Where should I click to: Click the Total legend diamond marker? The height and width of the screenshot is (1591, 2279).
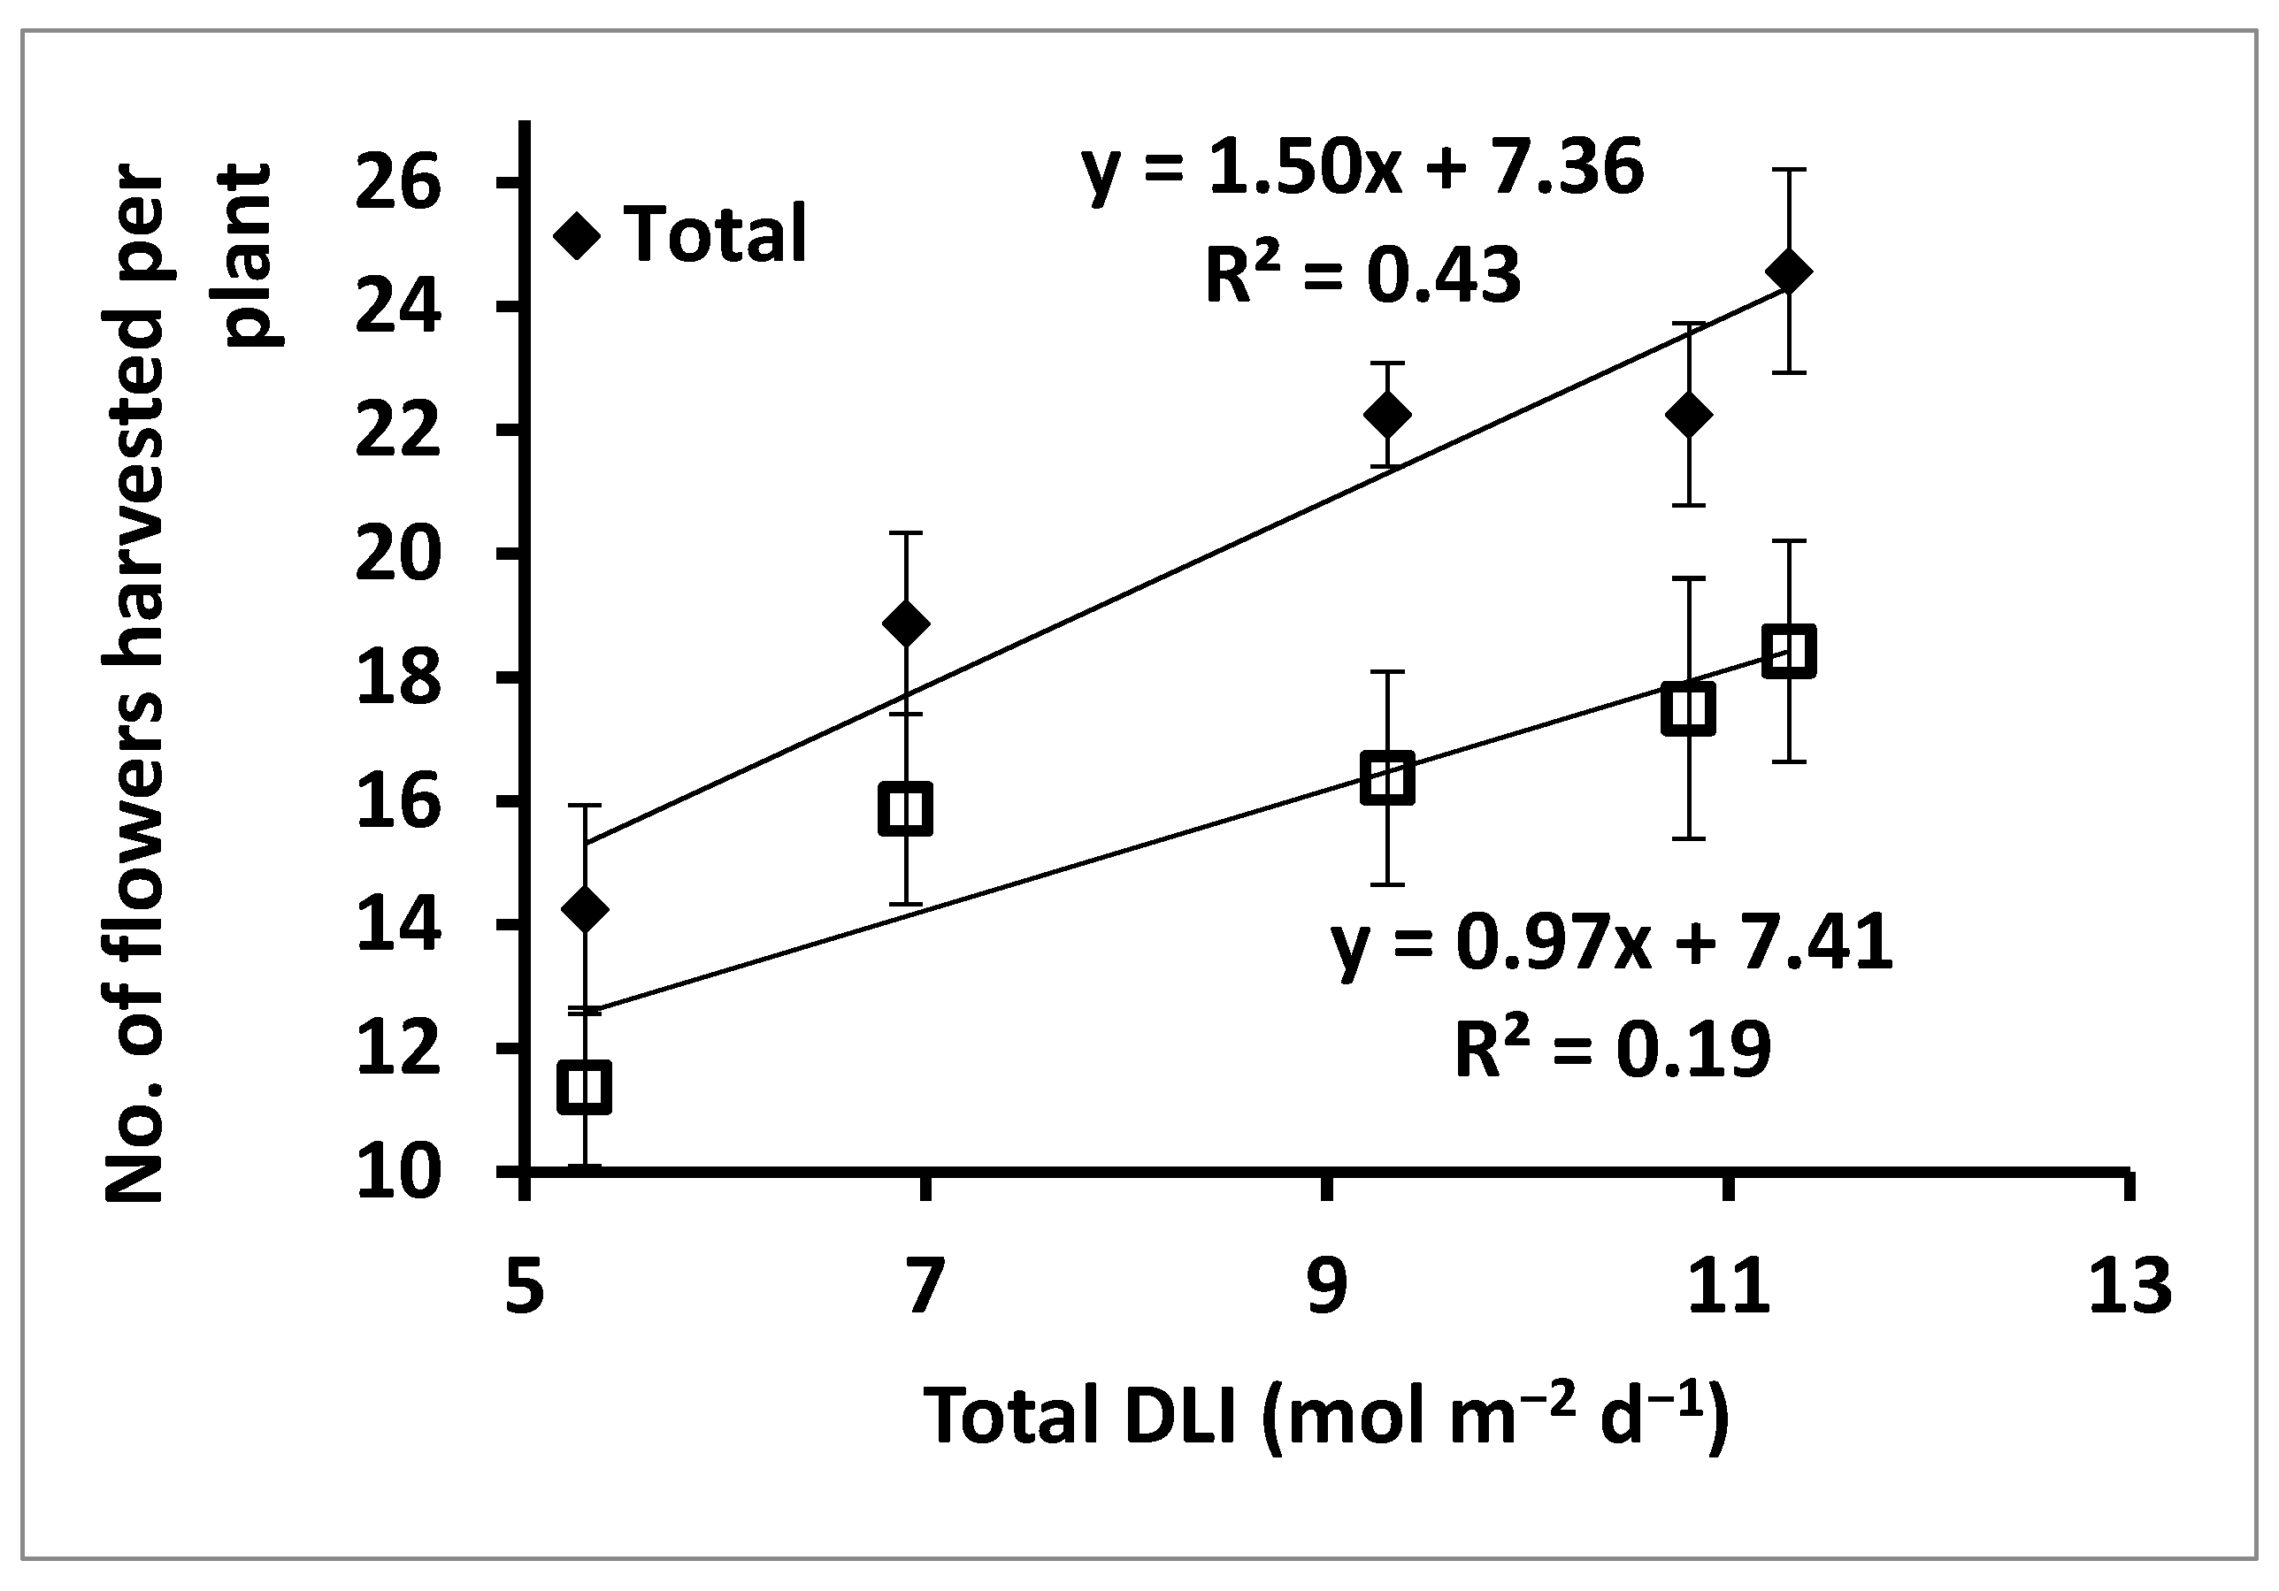(578, 237)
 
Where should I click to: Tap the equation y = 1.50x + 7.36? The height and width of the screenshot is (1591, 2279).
(1362, 169)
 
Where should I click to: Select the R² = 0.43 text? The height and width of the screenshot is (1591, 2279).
(1362, 275)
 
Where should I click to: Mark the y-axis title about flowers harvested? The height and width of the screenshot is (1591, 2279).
(188, 685)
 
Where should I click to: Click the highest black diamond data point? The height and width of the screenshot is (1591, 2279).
(1790, 271)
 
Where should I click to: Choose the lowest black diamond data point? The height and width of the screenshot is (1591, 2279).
(585, 908)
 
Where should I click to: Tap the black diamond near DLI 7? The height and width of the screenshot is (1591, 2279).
(905, 623)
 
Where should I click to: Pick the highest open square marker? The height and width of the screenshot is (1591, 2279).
(1790, 651)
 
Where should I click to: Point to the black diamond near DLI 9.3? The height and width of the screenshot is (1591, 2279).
(1386, 414)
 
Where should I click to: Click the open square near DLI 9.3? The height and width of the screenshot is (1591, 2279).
(1386, 778)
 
